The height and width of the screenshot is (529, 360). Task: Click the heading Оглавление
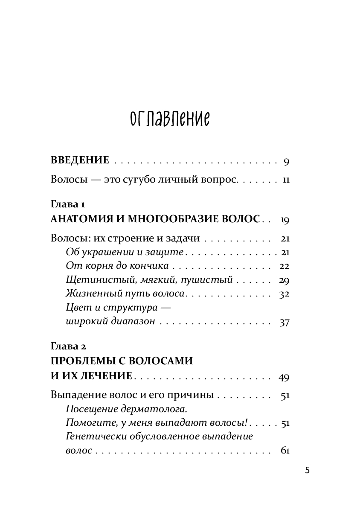tap(170, 119)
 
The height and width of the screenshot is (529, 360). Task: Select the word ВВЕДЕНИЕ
tap(80, 161)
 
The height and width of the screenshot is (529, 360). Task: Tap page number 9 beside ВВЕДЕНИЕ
tap(286, 161)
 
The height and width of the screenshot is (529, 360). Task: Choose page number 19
tap(285, 220)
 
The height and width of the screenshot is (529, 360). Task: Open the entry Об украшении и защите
tap(125, 252)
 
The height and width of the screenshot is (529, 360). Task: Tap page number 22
tap(285, 267)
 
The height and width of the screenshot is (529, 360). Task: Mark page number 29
tap(285, 280)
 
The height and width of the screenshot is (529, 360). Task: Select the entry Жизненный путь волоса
tap(125, 294)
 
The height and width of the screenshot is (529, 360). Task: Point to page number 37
tap(285, 323)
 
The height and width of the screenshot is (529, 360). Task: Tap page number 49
tap(284, 377)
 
